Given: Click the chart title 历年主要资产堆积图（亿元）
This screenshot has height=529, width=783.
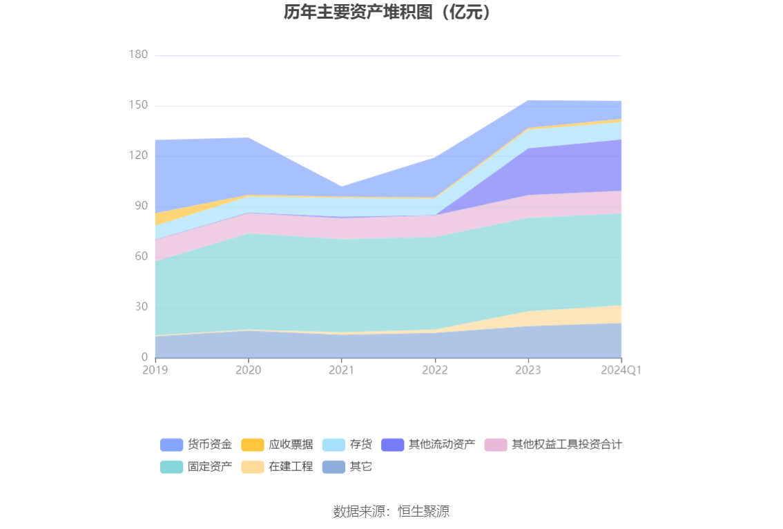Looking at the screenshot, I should click(x=391, y=12).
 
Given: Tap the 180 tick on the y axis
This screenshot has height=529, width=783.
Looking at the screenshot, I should click(x=138, y=55).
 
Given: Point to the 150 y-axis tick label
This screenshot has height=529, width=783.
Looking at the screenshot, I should click(x=138, y=105).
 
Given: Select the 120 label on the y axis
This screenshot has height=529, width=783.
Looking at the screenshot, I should click(x=138, y=155).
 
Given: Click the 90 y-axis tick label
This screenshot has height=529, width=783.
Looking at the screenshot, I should click(x=141, y=206).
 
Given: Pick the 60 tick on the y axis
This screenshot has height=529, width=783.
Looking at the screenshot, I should click(x=141, y=256).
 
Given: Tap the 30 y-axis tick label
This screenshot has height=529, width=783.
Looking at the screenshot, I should click(x=141, y=307).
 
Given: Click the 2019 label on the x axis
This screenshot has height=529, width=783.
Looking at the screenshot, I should click(x=155, y=370).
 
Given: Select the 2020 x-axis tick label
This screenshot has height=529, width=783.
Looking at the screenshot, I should click(x=249, y=370).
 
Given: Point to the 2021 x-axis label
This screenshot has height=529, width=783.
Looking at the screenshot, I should click(x=342, y=370).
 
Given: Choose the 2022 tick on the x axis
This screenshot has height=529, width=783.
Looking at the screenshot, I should click(x=435, y=370).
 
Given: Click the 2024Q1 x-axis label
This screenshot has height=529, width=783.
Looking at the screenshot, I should click(x=621, y=370).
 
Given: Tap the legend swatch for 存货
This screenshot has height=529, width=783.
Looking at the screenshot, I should click(x=333, y=445).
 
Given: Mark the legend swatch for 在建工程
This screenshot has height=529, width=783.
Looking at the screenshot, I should click(x=253, y=467).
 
